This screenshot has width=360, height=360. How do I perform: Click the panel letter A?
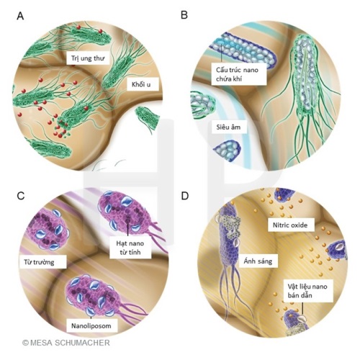click(20, 17)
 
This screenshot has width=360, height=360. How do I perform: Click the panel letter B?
click(184, 15)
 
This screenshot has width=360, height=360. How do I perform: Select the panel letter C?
click(21, 196)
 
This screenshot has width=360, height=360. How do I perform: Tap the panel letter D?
click(185, 196)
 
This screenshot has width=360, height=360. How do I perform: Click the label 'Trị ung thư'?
click(88, 58)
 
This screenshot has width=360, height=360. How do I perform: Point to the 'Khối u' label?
click(141, 84)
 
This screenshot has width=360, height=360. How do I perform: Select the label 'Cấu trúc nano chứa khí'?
click(237, 74)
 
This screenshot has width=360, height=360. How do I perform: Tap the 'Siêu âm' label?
click(228, 127)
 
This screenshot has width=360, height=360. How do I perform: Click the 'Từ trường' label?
click(39, 262)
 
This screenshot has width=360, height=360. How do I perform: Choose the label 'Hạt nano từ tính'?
click(130, 248)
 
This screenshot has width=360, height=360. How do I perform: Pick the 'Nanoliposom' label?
click(91, 325)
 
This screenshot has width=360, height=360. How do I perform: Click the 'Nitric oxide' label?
click(290, 225)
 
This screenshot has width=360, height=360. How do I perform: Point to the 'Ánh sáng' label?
click(258, 261)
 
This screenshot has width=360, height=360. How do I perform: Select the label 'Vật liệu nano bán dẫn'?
click(307, 291)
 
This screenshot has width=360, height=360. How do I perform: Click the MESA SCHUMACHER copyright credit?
click(66, 343)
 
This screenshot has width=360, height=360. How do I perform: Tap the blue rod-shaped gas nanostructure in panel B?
click(243, 51)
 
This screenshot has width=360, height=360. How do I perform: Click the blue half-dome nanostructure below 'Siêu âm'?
click(228, 150)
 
